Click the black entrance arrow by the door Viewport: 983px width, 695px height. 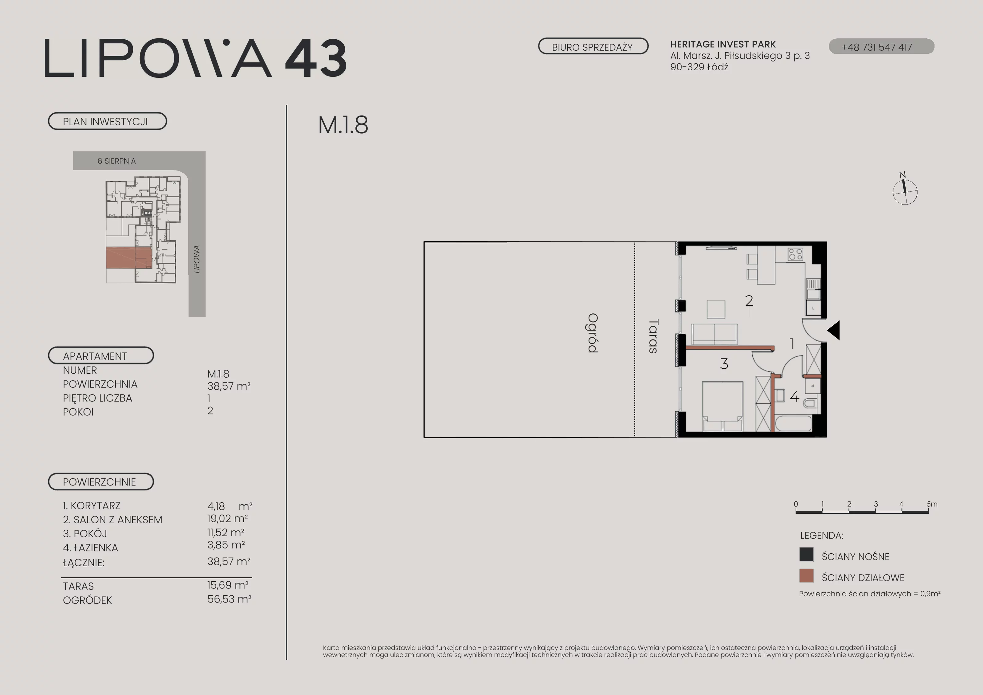click(x=834, y=330)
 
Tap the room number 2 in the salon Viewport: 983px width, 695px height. click(x=749, y=300)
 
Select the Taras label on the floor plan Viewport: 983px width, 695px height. click(x=653, y=336)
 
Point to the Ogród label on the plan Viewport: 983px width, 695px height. click(x=593, y=333)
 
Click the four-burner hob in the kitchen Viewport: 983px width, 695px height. click(x=796, y=254)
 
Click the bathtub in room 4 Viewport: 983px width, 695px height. click(x=793, y=423)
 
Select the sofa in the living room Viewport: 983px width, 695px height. click(x=714, y=334)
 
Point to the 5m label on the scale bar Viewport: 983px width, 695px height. click(x=932, y=504)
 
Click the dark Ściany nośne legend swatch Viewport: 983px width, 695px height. click(x=806, y=555)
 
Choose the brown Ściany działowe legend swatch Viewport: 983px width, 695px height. click(x=806, y=575)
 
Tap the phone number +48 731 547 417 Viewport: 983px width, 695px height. click(x=877, y=47)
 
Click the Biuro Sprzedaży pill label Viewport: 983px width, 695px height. click(x=593, y=46)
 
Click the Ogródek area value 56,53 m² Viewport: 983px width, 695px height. click(x=229, y=599)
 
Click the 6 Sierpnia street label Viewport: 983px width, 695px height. click(x=116, y=161)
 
